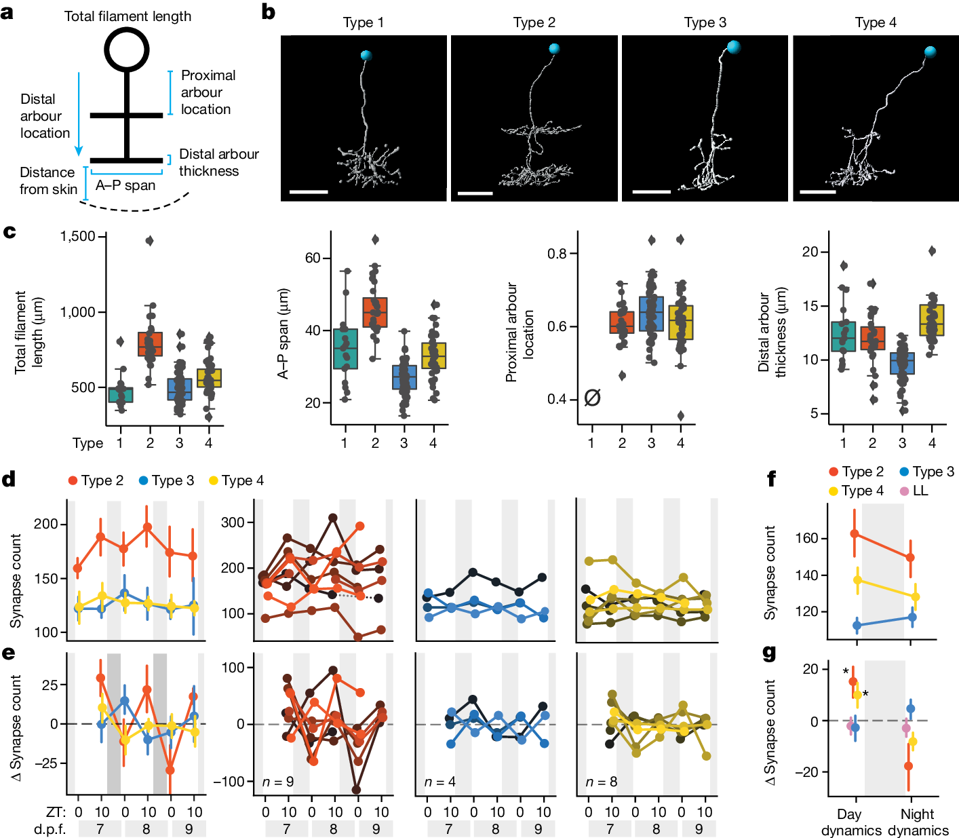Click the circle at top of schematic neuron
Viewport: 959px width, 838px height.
tap(126, 50)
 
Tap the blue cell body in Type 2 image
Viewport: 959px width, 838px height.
tap(554, 49)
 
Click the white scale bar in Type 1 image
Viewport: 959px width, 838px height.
tap(309, 192)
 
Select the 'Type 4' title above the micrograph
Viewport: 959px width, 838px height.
tap(876, 22)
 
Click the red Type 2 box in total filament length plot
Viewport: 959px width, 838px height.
tap(150, 344)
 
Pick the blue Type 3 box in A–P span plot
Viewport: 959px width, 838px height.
tap(404, 377)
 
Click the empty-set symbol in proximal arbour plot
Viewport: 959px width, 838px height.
tap(592, 398)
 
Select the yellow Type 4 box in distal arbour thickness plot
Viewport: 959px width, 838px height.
tap(932, 320)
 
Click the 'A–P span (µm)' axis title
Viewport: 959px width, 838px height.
tap(283, 333)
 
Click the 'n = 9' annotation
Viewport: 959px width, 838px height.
tap(277, 782)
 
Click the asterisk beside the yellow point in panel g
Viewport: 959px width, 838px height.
tap(865, 694)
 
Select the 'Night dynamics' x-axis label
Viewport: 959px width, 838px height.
tap(918, 822)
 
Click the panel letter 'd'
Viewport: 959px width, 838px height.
tap(9, 480)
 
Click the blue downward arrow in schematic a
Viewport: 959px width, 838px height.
tap(79, 113)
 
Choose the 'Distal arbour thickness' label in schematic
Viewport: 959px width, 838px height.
tap(218, 162)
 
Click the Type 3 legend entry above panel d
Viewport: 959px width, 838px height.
tap(166, 480)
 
